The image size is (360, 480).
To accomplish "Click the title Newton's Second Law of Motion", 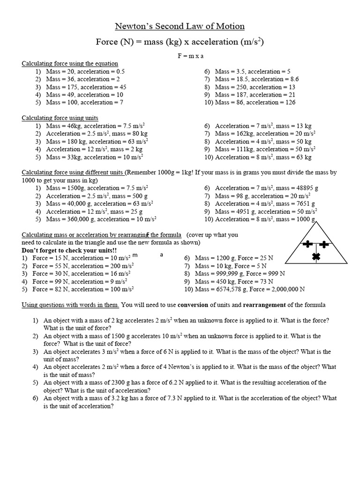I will (x=180, y=26).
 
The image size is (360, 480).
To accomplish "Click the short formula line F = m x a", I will (x=180, y=56).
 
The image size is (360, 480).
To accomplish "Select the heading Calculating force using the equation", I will (x=70, y=63).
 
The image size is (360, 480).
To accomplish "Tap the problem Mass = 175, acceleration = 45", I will (x=86, y=87).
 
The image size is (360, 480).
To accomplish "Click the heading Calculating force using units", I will (x=60, y=118).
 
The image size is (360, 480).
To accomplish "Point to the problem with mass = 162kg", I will (x=265, y=134).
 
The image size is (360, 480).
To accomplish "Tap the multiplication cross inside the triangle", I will (x=316, y=256).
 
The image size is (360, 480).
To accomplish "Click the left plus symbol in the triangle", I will (x=307, y=244).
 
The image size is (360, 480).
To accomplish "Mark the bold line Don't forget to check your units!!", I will (x=69, y=250).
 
